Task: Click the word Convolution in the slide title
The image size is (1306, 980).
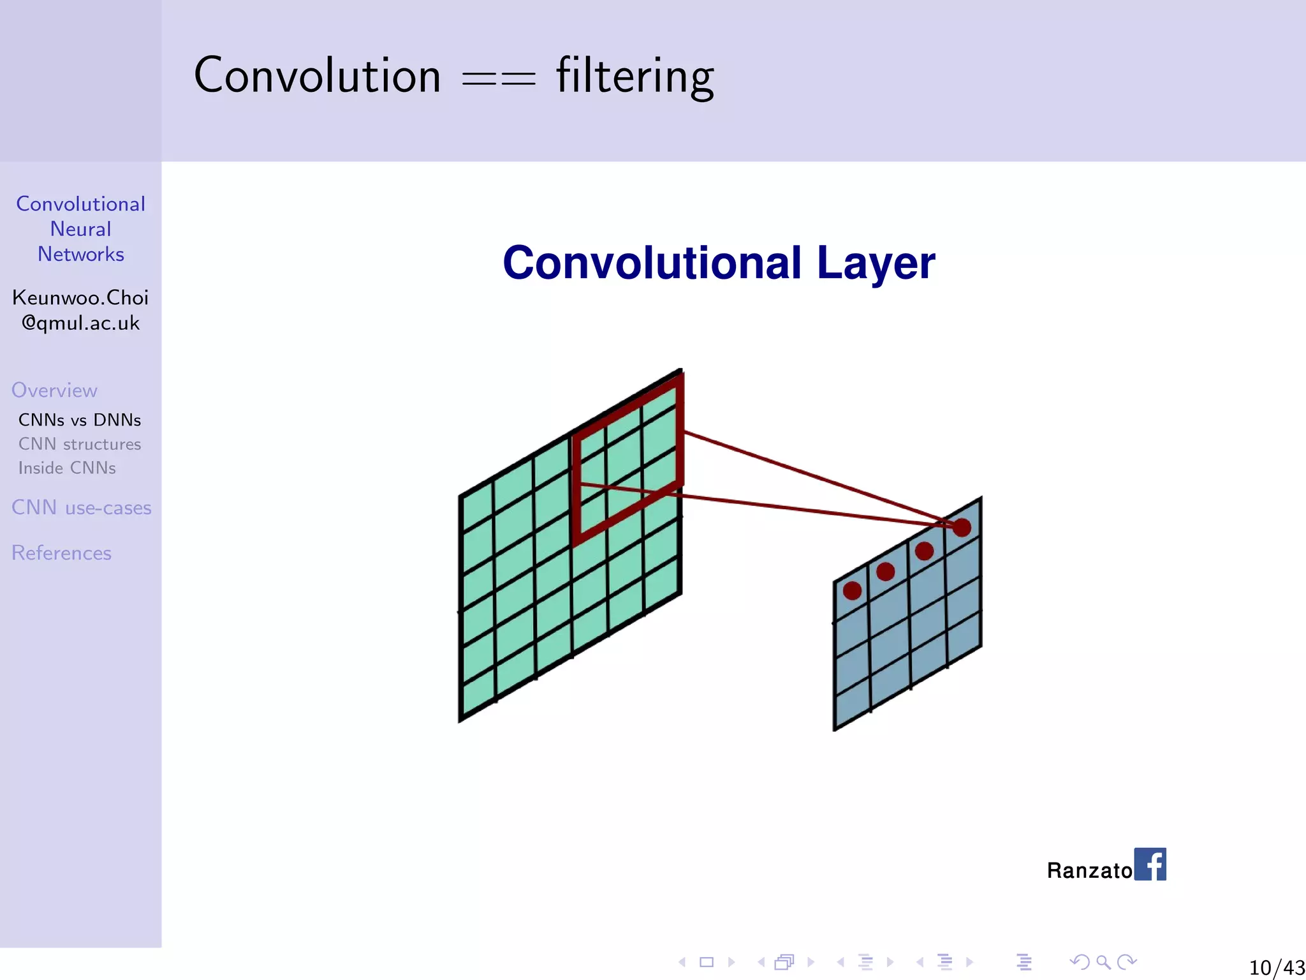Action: tap(317, 75)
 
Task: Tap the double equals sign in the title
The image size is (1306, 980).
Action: tap(498, 80)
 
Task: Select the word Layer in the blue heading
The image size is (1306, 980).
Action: tap(875, 264)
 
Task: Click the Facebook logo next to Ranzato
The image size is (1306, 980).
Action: tap(1150, 864)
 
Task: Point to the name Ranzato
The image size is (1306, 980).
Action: tap(1089, 870)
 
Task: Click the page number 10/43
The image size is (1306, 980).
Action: tap(1276, 967)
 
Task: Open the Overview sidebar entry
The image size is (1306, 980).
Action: tap(54, 390)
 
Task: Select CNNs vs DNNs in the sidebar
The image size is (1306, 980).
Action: tap(80, 420)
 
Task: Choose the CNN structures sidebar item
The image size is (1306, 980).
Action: tap(80, 444)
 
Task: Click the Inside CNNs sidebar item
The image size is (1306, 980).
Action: tap(67, 468)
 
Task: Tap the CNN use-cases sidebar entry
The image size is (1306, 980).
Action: tap(81, 508)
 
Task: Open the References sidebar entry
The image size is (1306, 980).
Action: tap(61, 553)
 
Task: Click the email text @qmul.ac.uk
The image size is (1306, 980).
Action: tap(80, 323)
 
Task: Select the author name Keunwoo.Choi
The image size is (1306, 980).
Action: tap(80, 297)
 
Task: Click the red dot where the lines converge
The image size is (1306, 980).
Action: tap(962, 527)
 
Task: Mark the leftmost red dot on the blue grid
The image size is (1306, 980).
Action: tap(852, 590)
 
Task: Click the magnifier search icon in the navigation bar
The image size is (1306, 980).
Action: tap(1103, 961)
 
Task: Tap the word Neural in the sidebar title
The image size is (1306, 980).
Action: tap(80, 229)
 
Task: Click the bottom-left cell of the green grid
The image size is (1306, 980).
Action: tap(478, 697)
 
